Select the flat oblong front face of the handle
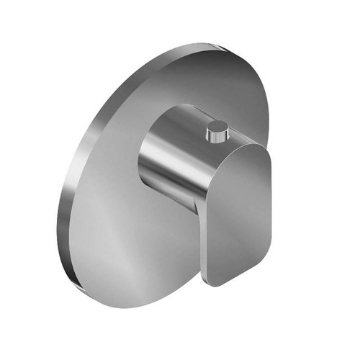(238, 209)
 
